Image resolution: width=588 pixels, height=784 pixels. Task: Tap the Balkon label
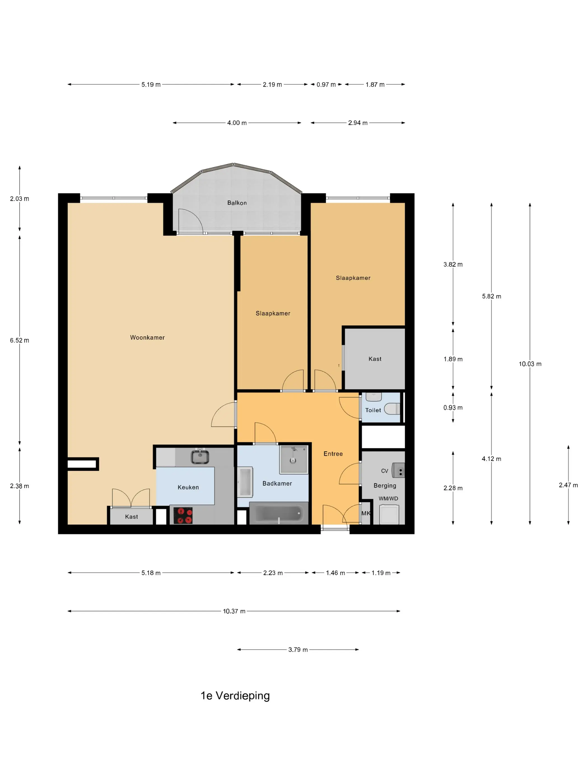[237, 203]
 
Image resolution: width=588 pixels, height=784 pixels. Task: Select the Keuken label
[188, 487]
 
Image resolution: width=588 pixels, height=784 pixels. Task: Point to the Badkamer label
[277, 484]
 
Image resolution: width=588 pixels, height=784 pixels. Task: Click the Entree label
[333, 454]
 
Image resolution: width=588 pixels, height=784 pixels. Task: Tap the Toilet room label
[373, 410]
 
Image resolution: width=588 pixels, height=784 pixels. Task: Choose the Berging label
[385, 486]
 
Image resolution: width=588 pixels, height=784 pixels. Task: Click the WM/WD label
[388, 499]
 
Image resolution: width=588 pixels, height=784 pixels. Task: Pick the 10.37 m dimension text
[234, 611]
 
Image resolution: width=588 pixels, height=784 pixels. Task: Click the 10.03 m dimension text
[530, 364]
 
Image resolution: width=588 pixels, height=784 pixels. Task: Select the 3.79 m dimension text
[298, 650]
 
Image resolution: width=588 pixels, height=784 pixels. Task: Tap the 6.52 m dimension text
[20, 340]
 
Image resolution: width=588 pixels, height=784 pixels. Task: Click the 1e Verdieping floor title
[235, 696]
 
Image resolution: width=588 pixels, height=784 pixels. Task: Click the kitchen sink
[200, 456]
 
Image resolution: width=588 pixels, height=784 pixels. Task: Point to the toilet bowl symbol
[392, 409]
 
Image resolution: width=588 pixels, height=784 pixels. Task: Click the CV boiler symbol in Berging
[398, 470]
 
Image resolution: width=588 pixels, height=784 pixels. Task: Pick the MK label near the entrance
[366, 513]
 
